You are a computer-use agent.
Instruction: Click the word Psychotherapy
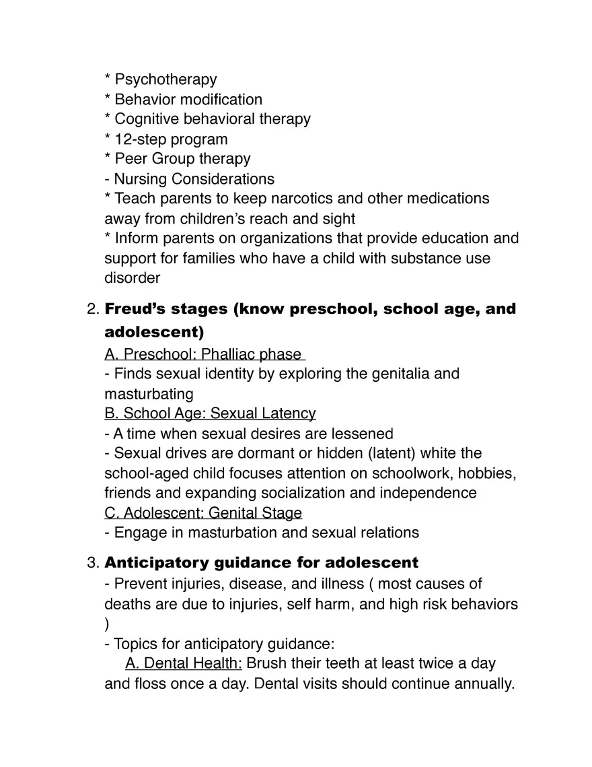(x=165, y=80)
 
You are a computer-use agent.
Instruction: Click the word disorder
(x=132, y=277)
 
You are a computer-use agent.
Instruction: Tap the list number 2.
(x=93, y=310)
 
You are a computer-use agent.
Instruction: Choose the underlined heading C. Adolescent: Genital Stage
(x=203, y=513)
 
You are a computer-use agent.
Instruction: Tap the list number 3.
(x=93, y=562)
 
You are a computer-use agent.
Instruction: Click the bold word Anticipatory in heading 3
(x=156, y=562)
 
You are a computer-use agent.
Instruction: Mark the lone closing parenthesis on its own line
(x=107, y=624)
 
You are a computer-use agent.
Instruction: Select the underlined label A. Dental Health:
(x=184, y=663)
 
